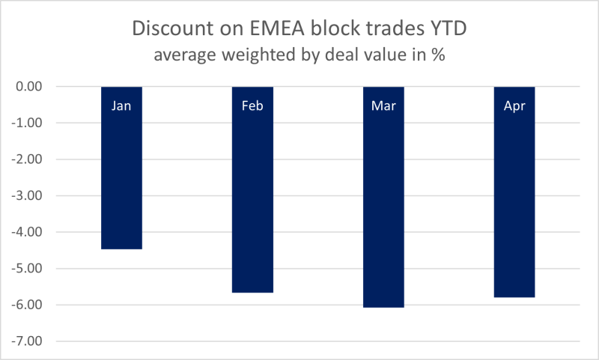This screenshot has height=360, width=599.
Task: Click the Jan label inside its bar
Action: (121, 106)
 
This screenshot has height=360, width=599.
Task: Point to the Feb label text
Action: (252, 106)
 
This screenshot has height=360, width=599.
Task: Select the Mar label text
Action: (383, 106)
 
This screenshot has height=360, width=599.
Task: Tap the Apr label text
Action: (514, 106)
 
